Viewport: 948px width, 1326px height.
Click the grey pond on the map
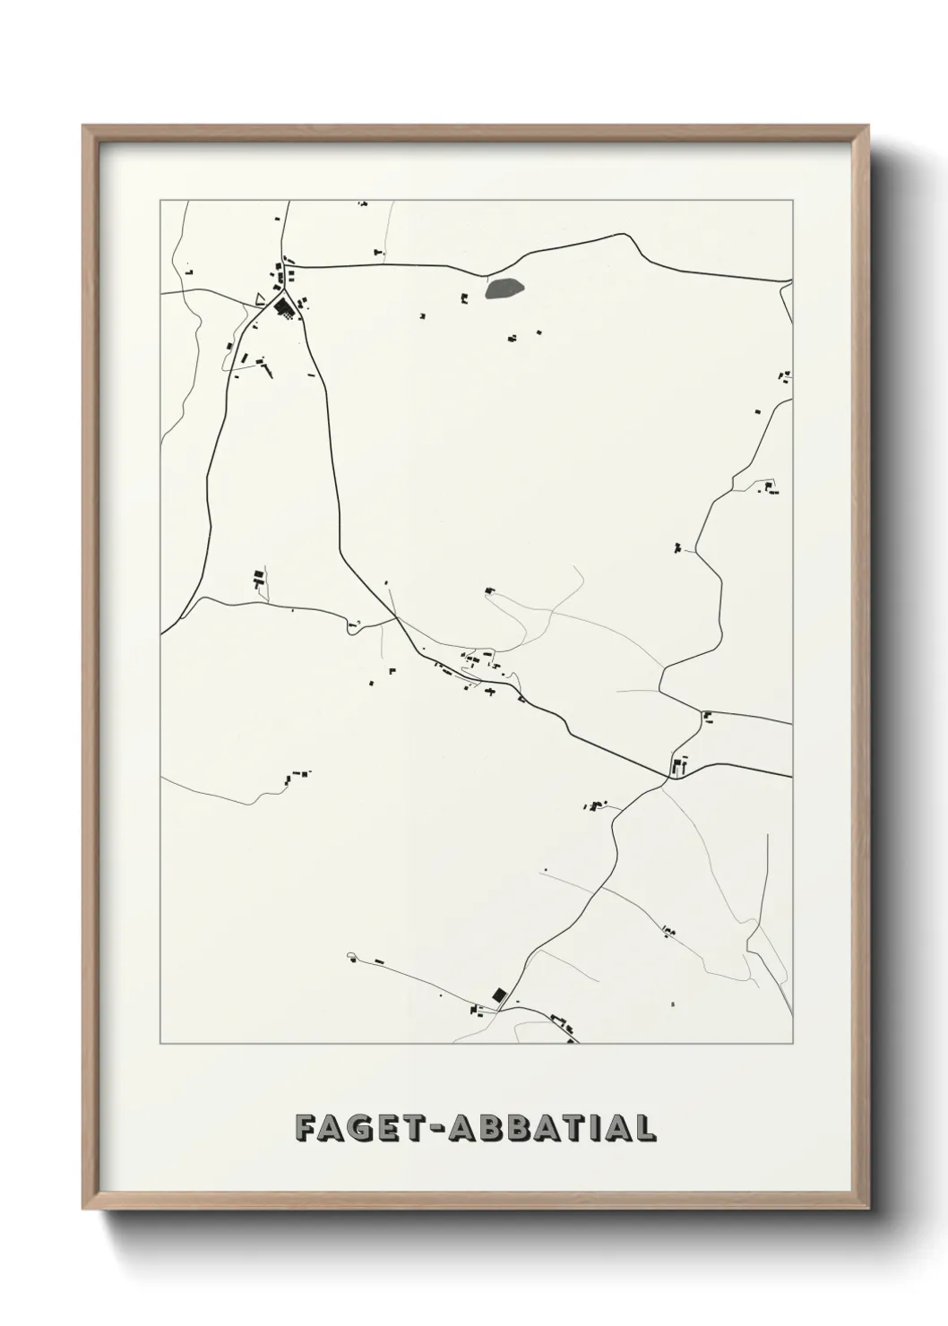[504, 288]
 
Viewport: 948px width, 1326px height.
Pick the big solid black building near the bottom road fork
[499, 994]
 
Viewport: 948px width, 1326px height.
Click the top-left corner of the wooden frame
[84, 126]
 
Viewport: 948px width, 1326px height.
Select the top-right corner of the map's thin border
[792, 200]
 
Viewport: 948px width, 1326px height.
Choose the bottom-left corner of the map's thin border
[160, 1044]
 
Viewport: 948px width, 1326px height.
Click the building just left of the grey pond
[464, 298]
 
